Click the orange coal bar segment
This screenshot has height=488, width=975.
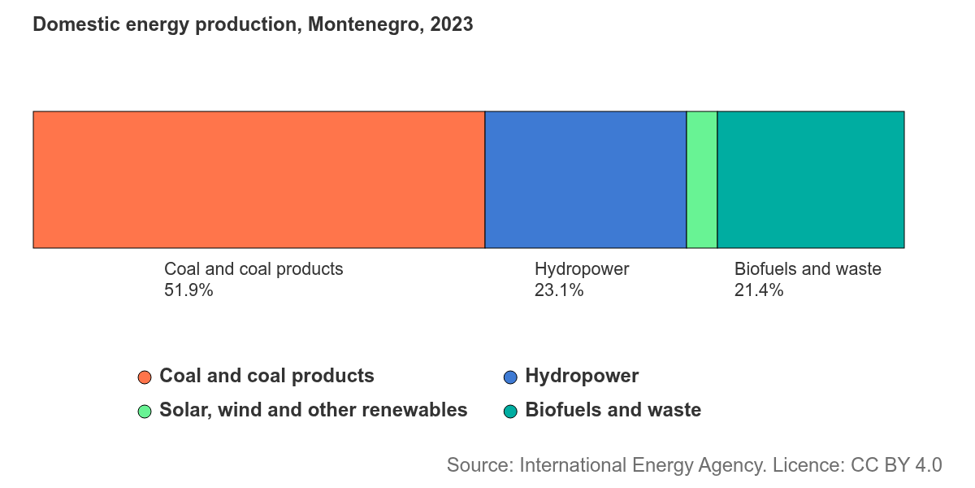click(x=259, y=180)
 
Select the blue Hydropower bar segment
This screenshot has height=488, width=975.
click(x=586, y=180)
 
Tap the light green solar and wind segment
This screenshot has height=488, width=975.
click(x=702, y=180)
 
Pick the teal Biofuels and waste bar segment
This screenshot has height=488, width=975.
click(x=811, y=180)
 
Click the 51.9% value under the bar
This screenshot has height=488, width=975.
click(x=188, y=290)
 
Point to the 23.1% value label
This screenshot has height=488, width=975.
click(x=559, y=290)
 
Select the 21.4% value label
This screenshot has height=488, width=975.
click(x=759, y=290)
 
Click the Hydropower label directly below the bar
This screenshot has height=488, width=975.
click(x=582, y=270)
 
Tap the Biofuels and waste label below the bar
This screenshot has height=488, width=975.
click(x=808, y=269)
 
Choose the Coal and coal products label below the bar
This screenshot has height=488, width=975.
click(x=253, y=270)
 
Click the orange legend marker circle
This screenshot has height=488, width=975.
click(x=145, y=377)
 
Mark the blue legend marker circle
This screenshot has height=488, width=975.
click(x=510, y=377)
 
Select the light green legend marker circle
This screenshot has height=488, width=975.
click(x=145, y=412)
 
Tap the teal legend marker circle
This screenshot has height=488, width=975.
click(x=510, y=412)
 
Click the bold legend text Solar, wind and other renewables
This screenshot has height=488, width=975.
click(x=314, y=411)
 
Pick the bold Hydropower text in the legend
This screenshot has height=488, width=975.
click(x=582, y=377)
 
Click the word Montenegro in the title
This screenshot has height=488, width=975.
click(x=366, y=25)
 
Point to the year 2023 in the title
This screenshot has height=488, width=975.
click(x=452, y=24)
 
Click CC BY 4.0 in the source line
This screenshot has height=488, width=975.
click(x=896, y=465)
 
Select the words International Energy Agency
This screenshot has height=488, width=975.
click(x=643, y=466)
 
